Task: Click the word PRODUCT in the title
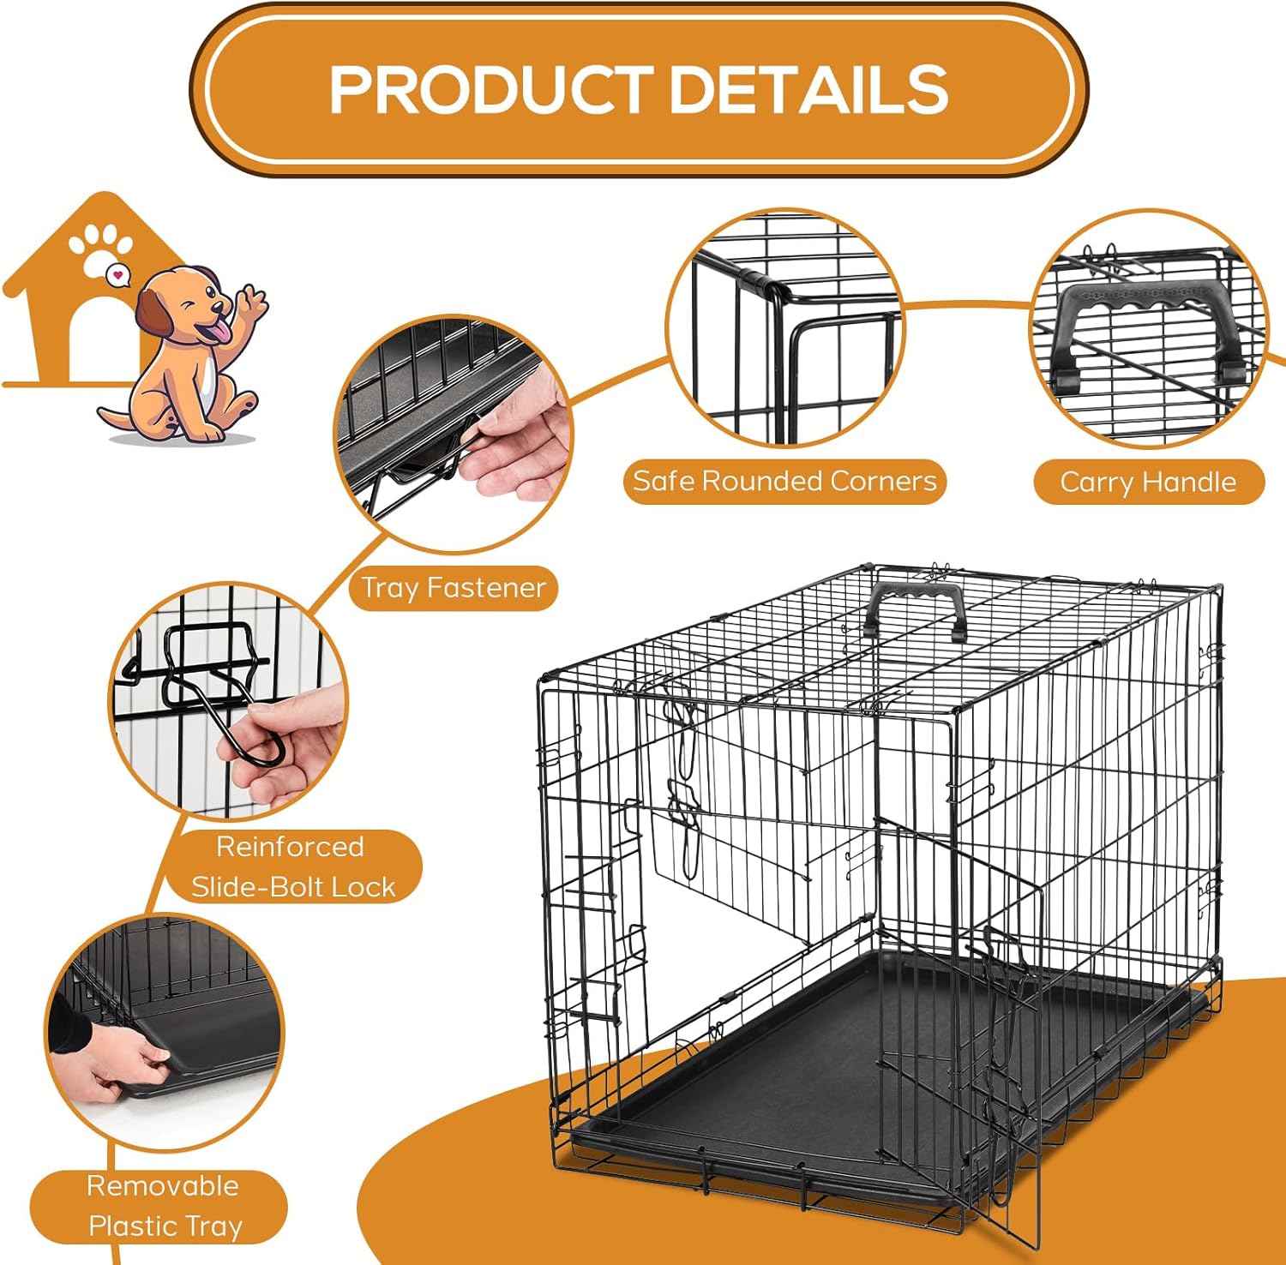point(490,89)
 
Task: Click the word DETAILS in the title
point(808,89)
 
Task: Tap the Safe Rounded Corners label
point(784,481)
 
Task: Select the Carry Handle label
point(1148,482)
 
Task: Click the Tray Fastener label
point(453,588)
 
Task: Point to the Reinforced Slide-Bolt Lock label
point(292,866)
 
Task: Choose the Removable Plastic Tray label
point(164,1207)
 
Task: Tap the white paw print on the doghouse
point(101,246)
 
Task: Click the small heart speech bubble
point(118,276)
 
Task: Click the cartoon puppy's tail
point(116,418)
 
